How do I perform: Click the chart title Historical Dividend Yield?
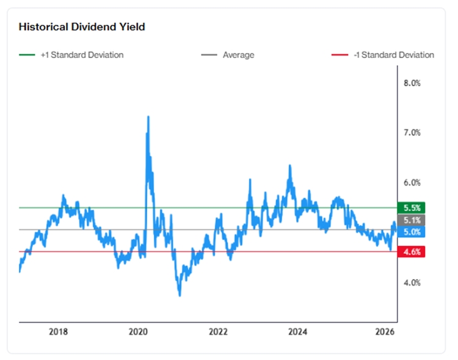82,27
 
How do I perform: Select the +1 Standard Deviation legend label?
82,55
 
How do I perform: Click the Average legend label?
238,55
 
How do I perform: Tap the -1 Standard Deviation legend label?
394,55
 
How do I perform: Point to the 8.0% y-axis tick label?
413,83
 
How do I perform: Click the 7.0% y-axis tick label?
413,132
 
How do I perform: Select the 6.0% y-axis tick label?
413,182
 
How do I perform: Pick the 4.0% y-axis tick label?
413,283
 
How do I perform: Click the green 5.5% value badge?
411,207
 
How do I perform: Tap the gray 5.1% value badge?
411,220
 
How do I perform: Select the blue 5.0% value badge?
411,232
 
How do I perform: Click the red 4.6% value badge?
411,251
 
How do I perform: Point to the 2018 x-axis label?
58,332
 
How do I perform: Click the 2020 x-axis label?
138,332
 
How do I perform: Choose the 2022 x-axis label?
218,332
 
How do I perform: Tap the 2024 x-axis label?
298,332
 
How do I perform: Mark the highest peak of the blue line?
148,117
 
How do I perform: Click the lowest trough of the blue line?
180,296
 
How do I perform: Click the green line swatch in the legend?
27,55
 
